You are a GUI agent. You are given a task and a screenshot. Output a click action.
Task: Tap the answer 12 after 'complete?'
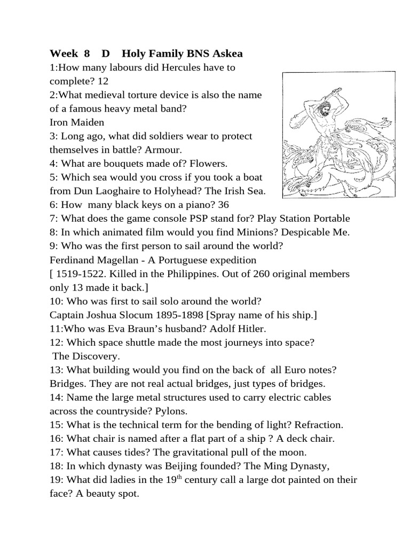click(103, 81)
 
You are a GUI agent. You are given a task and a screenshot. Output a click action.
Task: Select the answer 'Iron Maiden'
click(77, 122)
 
